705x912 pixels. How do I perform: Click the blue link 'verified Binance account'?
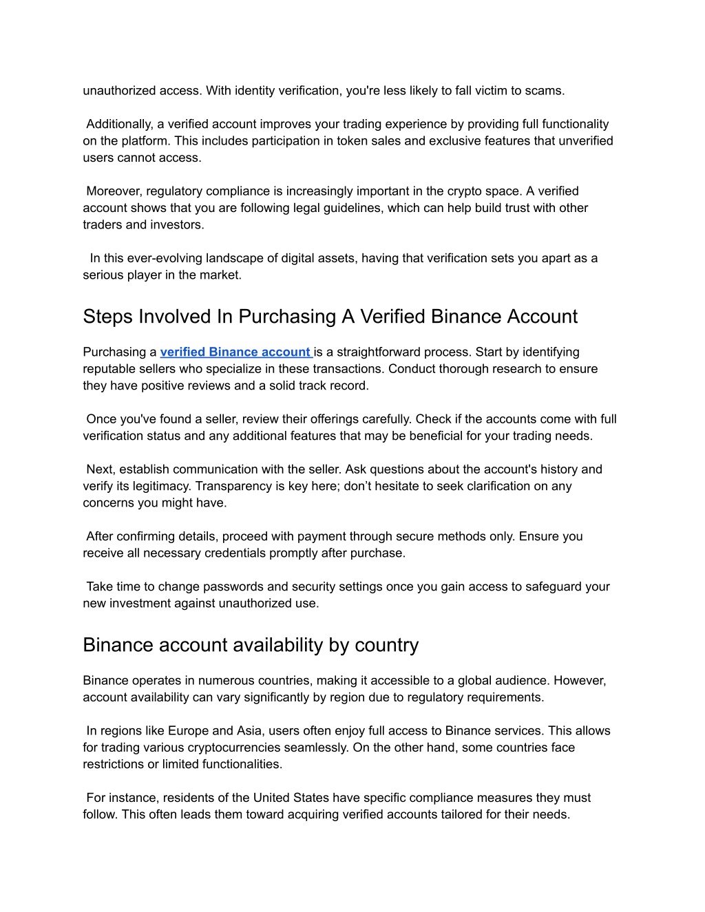[x=235, y=352]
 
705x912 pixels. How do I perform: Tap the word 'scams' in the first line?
[x=545, y=91]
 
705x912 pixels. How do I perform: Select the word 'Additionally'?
[x=118, y=125]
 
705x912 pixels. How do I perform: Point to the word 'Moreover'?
[x=114, y=191]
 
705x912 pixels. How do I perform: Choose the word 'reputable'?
[x=110, y=369]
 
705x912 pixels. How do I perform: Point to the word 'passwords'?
[x=211, y=587]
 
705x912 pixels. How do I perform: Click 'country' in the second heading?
[x=386, y=645]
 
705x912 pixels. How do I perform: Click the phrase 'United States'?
[x=291, y=798]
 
